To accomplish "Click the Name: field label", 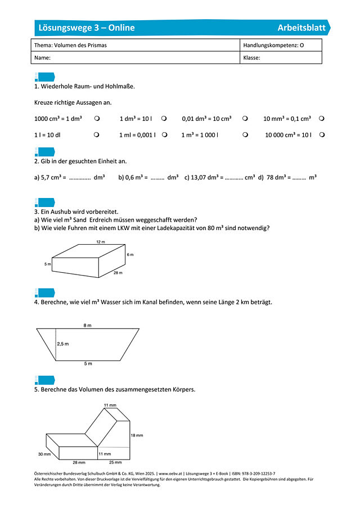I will [x=43, y=57].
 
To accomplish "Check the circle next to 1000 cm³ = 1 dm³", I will [x=97, y=119].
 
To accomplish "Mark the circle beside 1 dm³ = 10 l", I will [x=164, y=119].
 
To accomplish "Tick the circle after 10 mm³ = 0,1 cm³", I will [x=321, y=119].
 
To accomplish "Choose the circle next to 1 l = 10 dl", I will [x=97, y=135].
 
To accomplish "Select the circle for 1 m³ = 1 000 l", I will [x=245, y=135].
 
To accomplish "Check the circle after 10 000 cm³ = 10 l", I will [x=321, y=135].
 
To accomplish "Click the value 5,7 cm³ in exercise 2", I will [x=51, y=178].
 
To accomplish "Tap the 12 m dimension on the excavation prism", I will [x=100, y=242].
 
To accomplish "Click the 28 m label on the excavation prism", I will [x=118, y=273].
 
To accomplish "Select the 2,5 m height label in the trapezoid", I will [x=63, y=343].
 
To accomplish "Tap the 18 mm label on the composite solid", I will [x=137, y=436].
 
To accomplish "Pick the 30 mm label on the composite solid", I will [x=44, y=454].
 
